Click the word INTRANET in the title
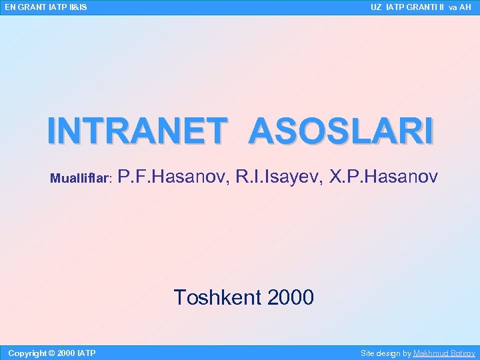[134, 131]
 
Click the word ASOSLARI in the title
[341, 131]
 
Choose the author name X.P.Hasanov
[384, 177]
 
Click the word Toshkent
[217, 297]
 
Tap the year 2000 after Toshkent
[290, 297]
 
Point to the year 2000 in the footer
[66, 353]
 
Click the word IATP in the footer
[87, 353]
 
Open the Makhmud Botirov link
[444, 353]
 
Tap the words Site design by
[386, 353]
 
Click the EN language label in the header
[10, 7]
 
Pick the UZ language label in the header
[376, 7]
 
